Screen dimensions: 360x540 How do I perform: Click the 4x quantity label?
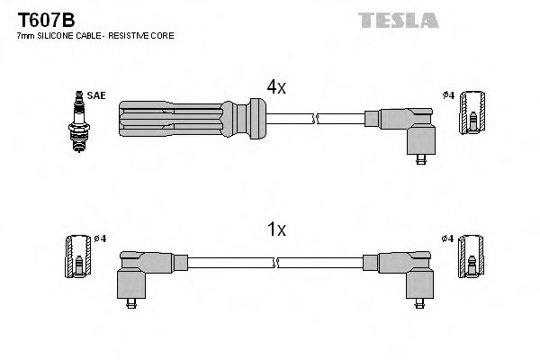tap(276, 86)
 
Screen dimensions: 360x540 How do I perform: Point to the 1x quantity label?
tap(276, 230)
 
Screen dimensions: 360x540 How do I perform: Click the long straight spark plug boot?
tap(189, 118)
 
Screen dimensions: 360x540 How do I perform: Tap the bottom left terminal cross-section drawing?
tap(77, 257)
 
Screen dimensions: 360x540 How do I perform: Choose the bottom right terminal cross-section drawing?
tap(471, 257)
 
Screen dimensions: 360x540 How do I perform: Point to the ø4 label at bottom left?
tap(100, 238)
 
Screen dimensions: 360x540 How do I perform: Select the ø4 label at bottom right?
tap(448, 238)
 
